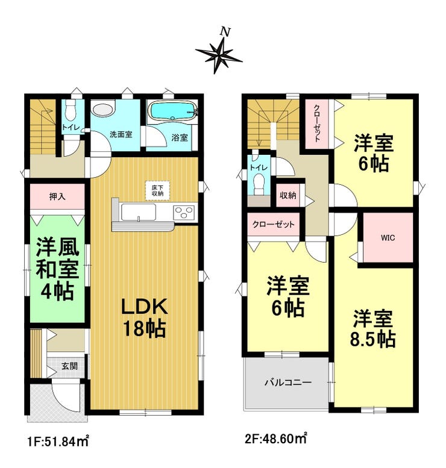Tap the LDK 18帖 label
coord(144,317)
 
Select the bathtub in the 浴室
coord(172,111)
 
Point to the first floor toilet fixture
coord(71,111)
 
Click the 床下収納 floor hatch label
coord(157,191)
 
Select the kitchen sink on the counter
coord(138,212)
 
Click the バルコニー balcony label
coord(287,382)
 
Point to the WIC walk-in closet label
coord(386,237)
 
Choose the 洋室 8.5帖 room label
coord(373,328)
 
